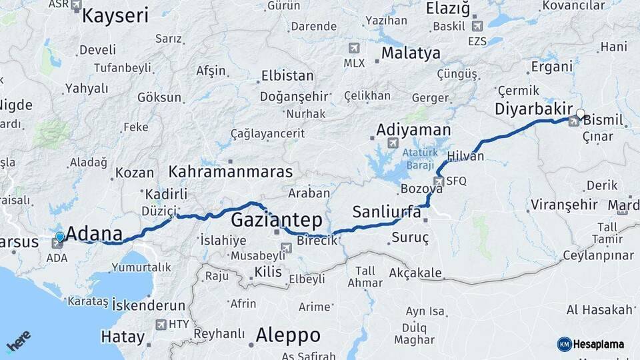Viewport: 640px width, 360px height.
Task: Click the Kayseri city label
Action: (115, 16)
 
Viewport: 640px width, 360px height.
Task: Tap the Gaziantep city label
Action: (276, 220)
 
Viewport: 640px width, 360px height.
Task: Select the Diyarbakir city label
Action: (535, 109)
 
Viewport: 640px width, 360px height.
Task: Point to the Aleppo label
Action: (287, 335)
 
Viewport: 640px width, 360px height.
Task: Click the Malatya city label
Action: (411, 53)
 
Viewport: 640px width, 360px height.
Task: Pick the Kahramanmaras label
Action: (230, 171)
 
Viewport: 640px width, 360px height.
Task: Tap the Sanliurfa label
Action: (386, 212)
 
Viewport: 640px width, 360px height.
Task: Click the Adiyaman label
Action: (413, 129)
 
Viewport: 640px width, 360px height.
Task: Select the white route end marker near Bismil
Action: (581, 114)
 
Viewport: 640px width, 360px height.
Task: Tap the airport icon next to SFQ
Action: (438, 181)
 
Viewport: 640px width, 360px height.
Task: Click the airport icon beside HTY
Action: (161, 325)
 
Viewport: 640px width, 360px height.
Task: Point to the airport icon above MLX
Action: (353, 49)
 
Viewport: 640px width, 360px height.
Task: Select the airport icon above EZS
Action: (477, 27)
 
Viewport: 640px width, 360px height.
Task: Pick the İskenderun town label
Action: (148, 305)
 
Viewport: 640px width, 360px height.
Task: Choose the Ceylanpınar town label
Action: (598, 255)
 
